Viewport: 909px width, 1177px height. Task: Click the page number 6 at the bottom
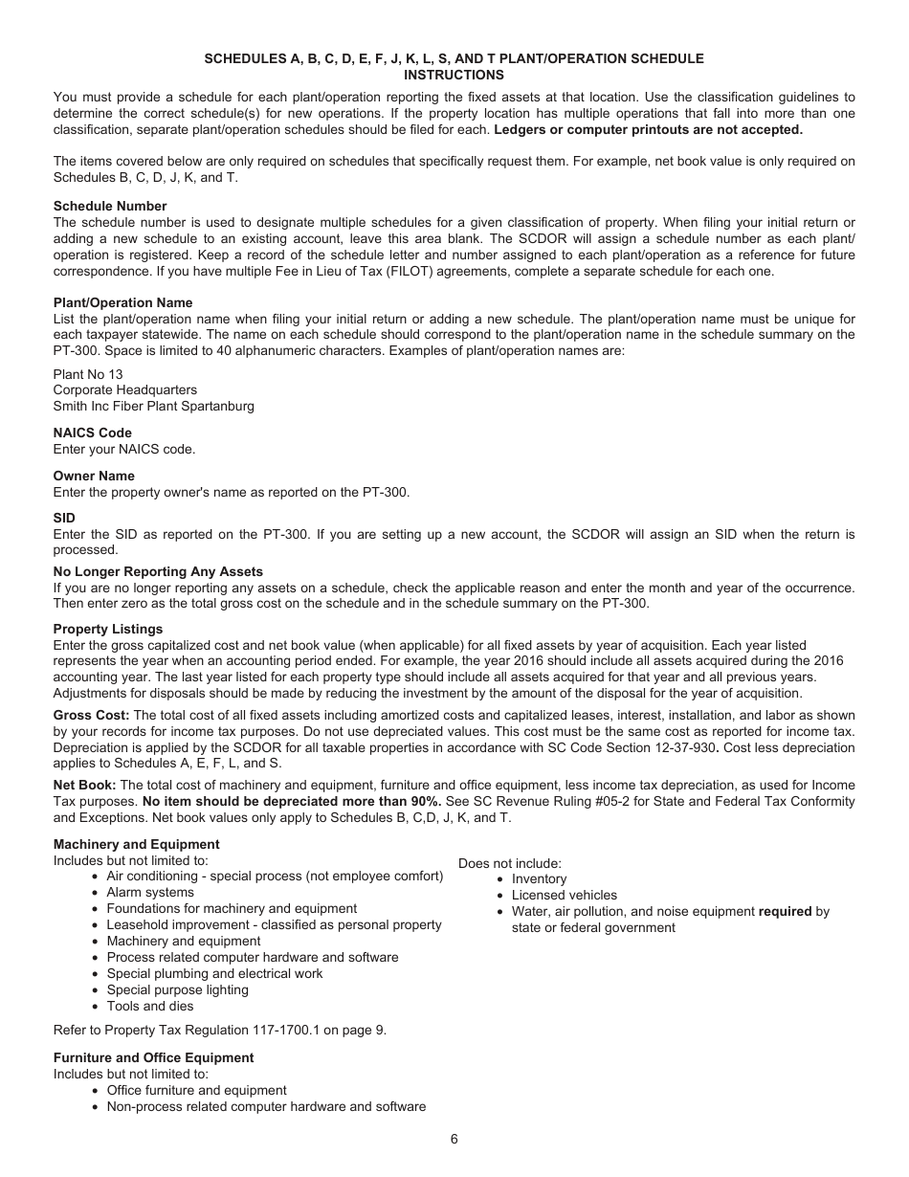(x=454, y=1139)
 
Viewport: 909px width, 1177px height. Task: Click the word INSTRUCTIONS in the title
(x=454, y=75)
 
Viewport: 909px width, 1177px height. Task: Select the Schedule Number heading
(x=110, y=206)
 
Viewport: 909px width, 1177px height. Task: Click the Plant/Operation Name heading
(x=122, y=302)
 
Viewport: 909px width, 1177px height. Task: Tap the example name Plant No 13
(x=88, y=374)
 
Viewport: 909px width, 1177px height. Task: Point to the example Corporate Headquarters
(x=125, y=390)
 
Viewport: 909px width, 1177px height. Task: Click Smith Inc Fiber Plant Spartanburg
(x=154, y=406)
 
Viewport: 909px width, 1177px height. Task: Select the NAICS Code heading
(x=93, y=433)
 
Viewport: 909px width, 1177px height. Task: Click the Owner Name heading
(x=94, y=476)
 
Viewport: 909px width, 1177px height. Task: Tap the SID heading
(x=64, y=519)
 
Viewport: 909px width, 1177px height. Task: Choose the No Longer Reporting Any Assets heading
(x=158, y=571)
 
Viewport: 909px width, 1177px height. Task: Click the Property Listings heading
(x=108, y=629)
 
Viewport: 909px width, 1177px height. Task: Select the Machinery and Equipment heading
(x=136, y=844)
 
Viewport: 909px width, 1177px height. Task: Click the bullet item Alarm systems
(x=150, y=892)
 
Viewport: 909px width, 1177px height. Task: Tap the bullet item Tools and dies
(x=150, y=1006)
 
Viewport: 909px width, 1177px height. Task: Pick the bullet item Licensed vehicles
(x=565, y=896)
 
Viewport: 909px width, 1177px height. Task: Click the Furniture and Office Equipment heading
(x=153, y=1057)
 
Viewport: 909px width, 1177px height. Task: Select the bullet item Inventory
(x=539, y=879)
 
